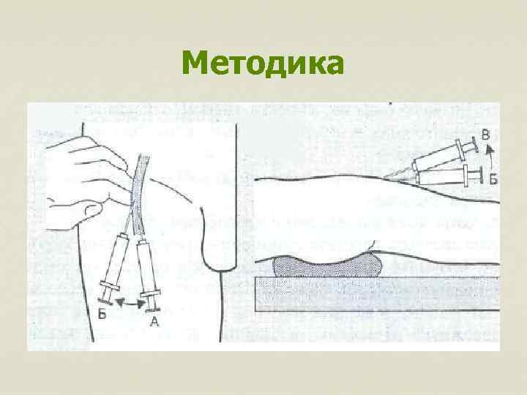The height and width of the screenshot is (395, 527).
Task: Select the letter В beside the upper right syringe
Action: click(486, 135)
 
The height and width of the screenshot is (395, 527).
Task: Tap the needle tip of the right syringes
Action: click(385, 178)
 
